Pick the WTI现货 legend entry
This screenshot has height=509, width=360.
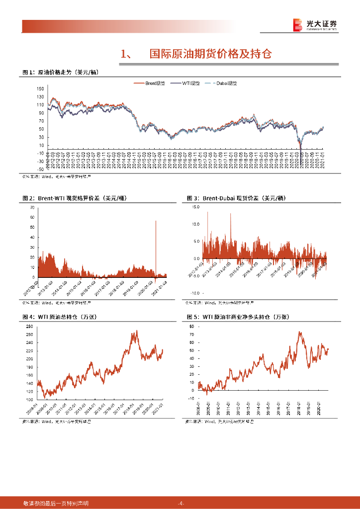tap(186, 83)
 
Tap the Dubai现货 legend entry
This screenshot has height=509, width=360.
tap(222, 83)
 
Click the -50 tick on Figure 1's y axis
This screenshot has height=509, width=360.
tap(40, 161)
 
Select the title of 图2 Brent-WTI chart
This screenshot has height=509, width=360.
tap(75, 198)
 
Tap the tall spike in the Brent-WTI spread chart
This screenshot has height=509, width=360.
tap(156, 222)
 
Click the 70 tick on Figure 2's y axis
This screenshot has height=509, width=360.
tap(32, 207)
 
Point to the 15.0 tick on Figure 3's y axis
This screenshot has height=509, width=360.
tap(195, 207)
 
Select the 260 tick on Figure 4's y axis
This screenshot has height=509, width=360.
tap(29, 326)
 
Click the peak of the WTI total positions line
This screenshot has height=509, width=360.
tap(137, 331)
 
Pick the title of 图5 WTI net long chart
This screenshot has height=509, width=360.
tap(238, 317)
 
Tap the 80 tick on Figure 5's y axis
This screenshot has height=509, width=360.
tap(192, 326)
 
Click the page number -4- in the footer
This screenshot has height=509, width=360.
tap(180, 503)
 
